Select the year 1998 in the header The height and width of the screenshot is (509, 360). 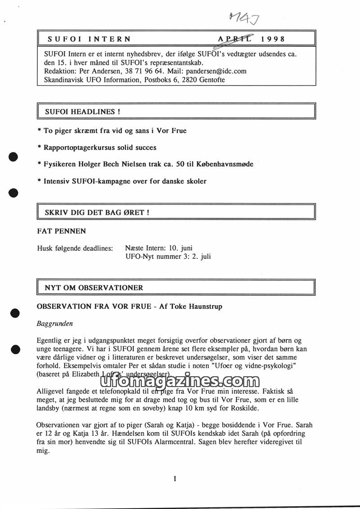click(273, 39)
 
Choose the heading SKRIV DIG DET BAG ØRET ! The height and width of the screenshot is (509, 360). click(97, 212)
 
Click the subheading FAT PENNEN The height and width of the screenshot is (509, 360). click(61, 231)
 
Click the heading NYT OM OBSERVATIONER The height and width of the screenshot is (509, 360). click(94, 288)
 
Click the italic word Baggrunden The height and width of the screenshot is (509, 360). click(55, 323)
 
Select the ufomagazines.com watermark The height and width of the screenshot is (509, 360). click(177, 382)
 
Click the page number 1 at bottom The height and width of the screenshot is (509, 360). click(175, 478)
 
